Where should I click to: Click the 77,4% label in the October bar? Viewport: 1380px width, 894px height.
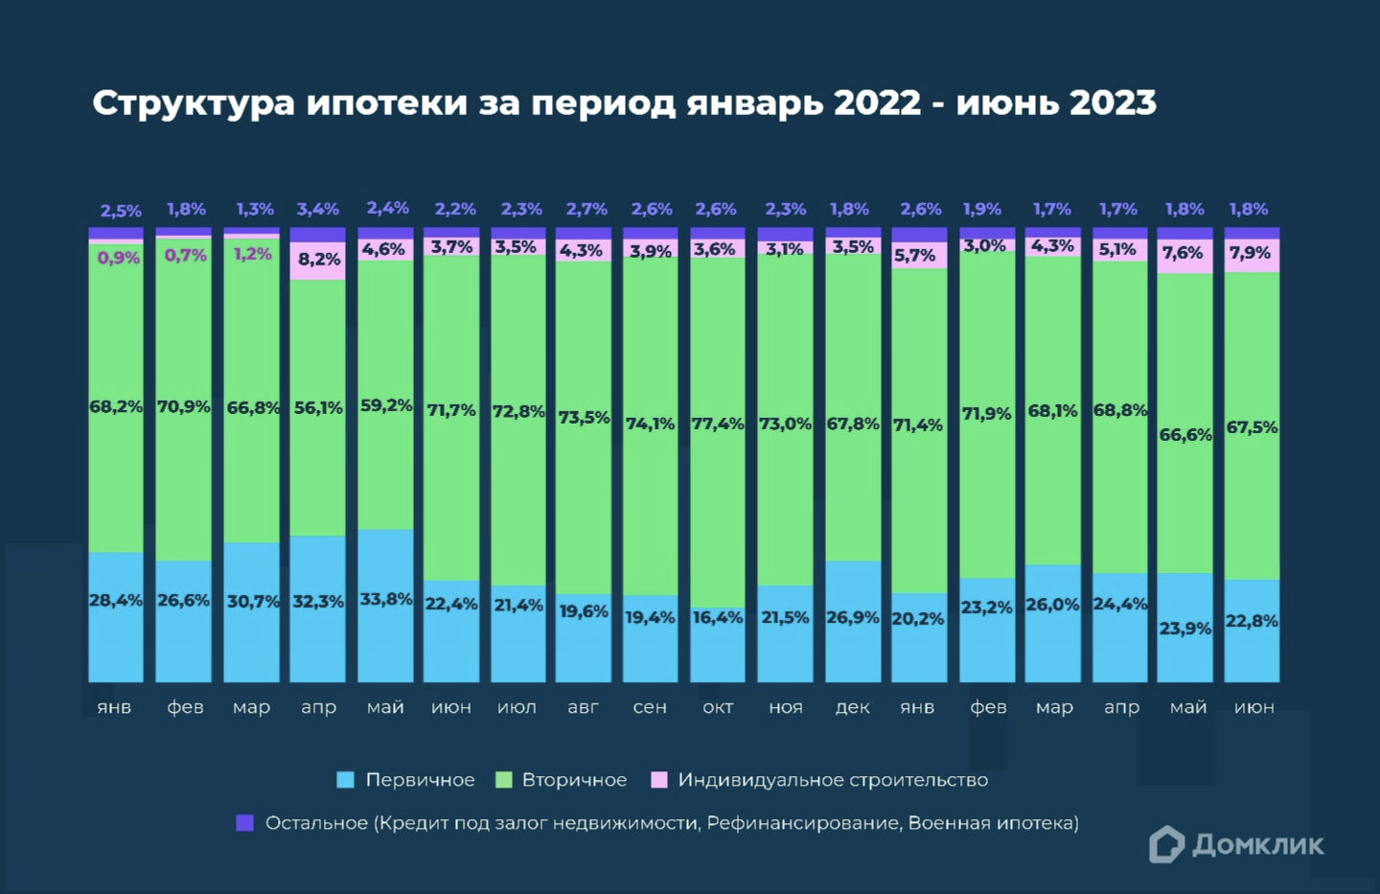[718, 424]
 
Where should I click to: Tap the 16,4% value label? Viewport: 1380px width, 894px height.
[718, 618]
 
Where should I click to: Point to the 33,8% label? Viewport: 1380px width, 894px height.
[386, 600]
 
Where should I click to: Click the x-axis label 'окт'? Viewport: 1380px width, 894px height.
[718, 707]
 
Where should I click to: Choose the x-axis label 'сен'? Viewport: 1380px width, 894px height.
[650, 707]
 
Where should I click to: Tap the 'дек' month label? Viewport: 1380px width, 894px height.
[852, 707]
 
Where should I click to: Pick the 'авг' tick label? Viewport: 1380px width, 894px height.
[583, 707]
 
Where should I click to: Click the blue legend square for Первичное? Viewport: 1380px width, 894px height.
[346, 780]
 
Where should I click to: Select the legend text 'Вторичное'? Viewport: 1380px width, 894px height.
[574, 780]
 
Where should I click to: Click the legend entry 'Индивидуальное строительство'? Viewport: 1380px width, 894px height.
[833, 780]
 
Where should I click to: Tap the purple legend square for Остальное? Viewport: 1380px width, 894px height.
[245, 823]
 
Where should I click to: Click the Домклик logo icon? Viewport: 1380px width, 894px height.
[1166, 844]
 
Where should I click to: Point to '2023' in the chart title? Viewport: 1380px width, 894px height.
[1113, 103]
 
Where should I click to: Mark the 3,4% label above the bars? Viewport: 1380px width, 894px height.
[318, 209]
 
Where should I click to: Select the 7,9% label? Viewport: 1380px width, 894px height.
[1250, 253]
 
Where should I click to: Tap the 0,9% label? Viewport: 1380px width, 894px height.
[119, 258]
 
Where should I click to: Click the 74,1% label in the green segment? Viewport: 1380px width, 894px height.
[651, 424]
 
